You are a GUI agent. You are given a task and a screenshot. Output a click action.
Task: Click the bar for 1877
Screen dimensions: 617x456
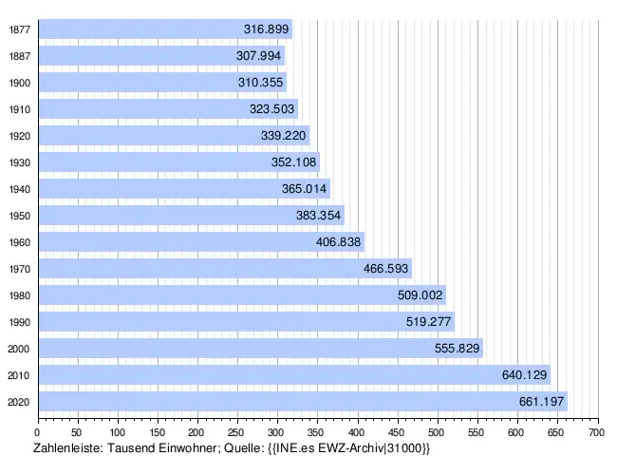(x=166, y=28)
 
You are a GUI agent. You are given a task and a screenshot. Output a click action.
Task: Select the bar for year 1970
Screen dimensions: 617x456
(x=226, y=269)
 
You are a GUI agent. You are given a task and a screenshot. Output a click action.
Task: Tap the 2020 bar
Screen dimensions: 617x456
(x=304, y=402)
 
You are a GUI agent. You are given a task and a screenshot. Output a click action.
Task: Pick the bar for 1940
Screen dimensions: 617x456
(x=184, y=189)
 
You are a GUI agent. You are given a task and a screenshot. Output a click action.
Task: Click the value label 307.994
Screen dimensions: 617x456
(x=258, y=55)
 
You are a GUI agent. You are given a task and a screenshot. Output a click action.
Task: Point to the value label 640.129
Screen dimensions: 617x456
(x=525, y=375)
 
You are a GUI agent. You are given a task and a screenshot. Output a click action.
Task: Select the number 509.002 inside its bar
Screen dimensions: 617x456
(x=420, y=294)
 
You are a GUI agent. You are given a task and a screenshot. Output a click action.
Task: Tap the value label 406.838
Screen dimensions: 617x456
(x=339, y=242)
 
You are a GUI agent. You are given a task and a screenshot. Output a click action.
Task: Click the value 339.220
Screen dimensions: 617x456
(x=283, y=136)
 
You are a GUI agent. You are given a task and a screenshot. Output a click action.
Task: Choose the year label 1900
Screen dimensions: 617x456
(x=20, y=83)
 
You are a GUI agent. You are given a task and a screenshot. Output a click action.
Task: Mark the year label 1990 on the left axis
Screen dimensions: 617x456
(x=20, y=322)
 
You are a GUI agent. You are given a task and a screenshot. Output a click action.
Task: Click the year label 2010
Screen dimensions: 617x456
(x=19, y=375)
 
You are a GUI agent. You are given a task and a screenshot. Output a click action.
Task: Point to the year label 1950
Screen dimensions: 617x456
(x=20, y=217)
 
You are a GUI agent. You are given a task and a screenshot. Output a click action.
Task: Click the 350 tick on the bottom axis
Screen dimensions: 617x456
(x=316, y=433)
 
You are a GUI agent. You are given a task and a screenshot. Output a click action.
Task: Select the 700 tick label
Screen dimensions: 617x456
(x=596, y=433)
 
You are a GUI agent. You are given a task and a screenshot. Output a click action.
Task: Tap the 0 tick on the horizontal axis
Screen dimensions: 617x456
(x=37, y=433)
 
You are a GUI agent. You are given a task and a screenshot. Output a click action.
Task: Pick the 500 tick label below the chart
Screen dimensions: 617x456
(x=436, y=433)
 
